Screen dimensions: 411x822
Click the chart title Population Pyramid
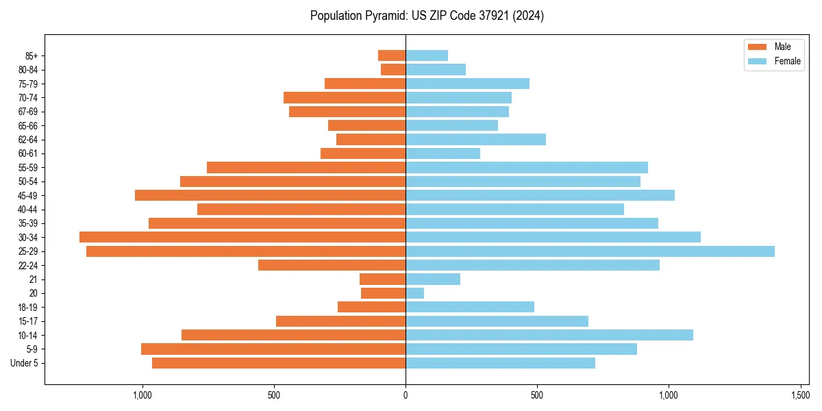427,16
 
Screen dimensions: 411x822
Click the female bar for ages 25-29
590,251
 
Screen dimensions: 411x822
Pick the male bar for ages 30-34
242,237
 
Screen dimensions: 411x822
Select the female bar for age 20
414,293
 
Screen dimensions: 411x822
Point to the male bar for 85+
392,55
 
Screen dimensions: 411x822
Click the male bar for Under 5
279,363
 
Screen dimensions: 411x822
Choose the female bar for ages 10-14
549,335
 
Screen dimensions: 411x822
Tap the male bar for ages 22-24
332,265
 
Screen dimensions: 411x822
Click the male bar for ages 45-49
270,195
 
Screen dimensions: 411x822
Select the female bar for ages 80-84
436,69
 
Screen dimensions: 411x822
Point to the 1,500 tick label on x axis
800,395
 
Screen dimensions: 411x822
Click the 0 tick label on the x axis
406,395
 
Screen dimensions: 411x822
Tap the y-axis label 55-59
28,168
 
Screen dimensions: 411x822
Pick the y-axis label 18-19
28,307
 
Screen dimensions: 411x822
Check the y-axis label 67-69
28,112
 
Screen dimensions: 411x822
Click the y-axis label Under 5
25,363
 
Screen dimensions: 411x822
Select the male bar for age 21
382,279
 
